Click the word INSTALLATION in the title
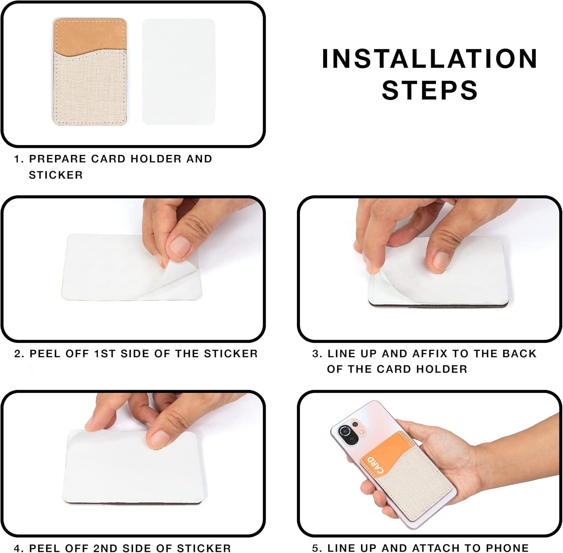point(430,59)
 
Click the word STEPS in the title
point(430,90)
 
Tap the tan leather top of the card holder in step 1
point(90,36)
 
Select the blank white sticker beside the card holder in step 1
point(179,71)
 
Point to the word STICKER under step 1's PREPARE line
point(56,175)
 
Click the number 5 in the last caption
point(315,548)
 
